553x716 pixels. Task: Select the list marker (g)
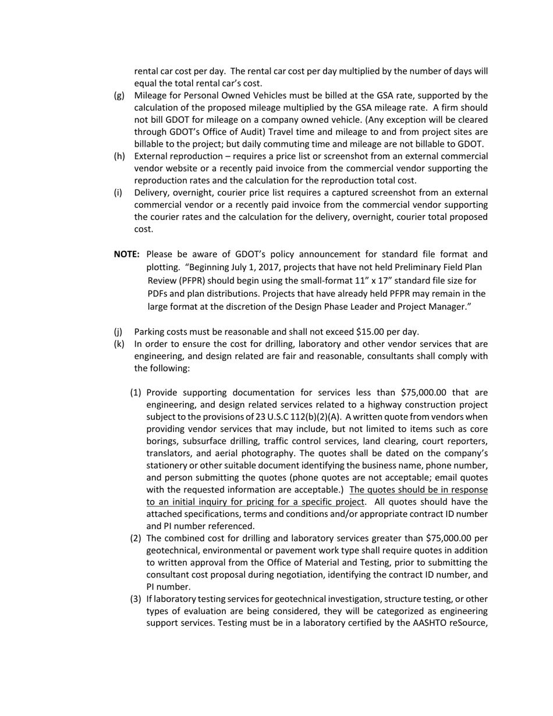(119, 95)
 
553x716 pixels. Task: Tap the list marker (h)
(119, 157)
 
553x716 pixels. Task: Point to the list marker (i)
(118, 193)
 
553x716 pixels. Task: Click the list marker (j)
(118, 332)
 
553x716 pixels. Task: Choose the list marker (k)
(119, 344)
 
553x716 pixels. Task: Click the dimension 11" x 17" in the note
(376, 281)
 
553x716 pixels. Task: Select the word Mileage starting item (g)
(151, 95)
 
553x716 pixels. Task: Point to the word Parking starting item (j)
(150, 332)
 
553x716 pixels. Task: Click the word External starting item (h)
(151, 157)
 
